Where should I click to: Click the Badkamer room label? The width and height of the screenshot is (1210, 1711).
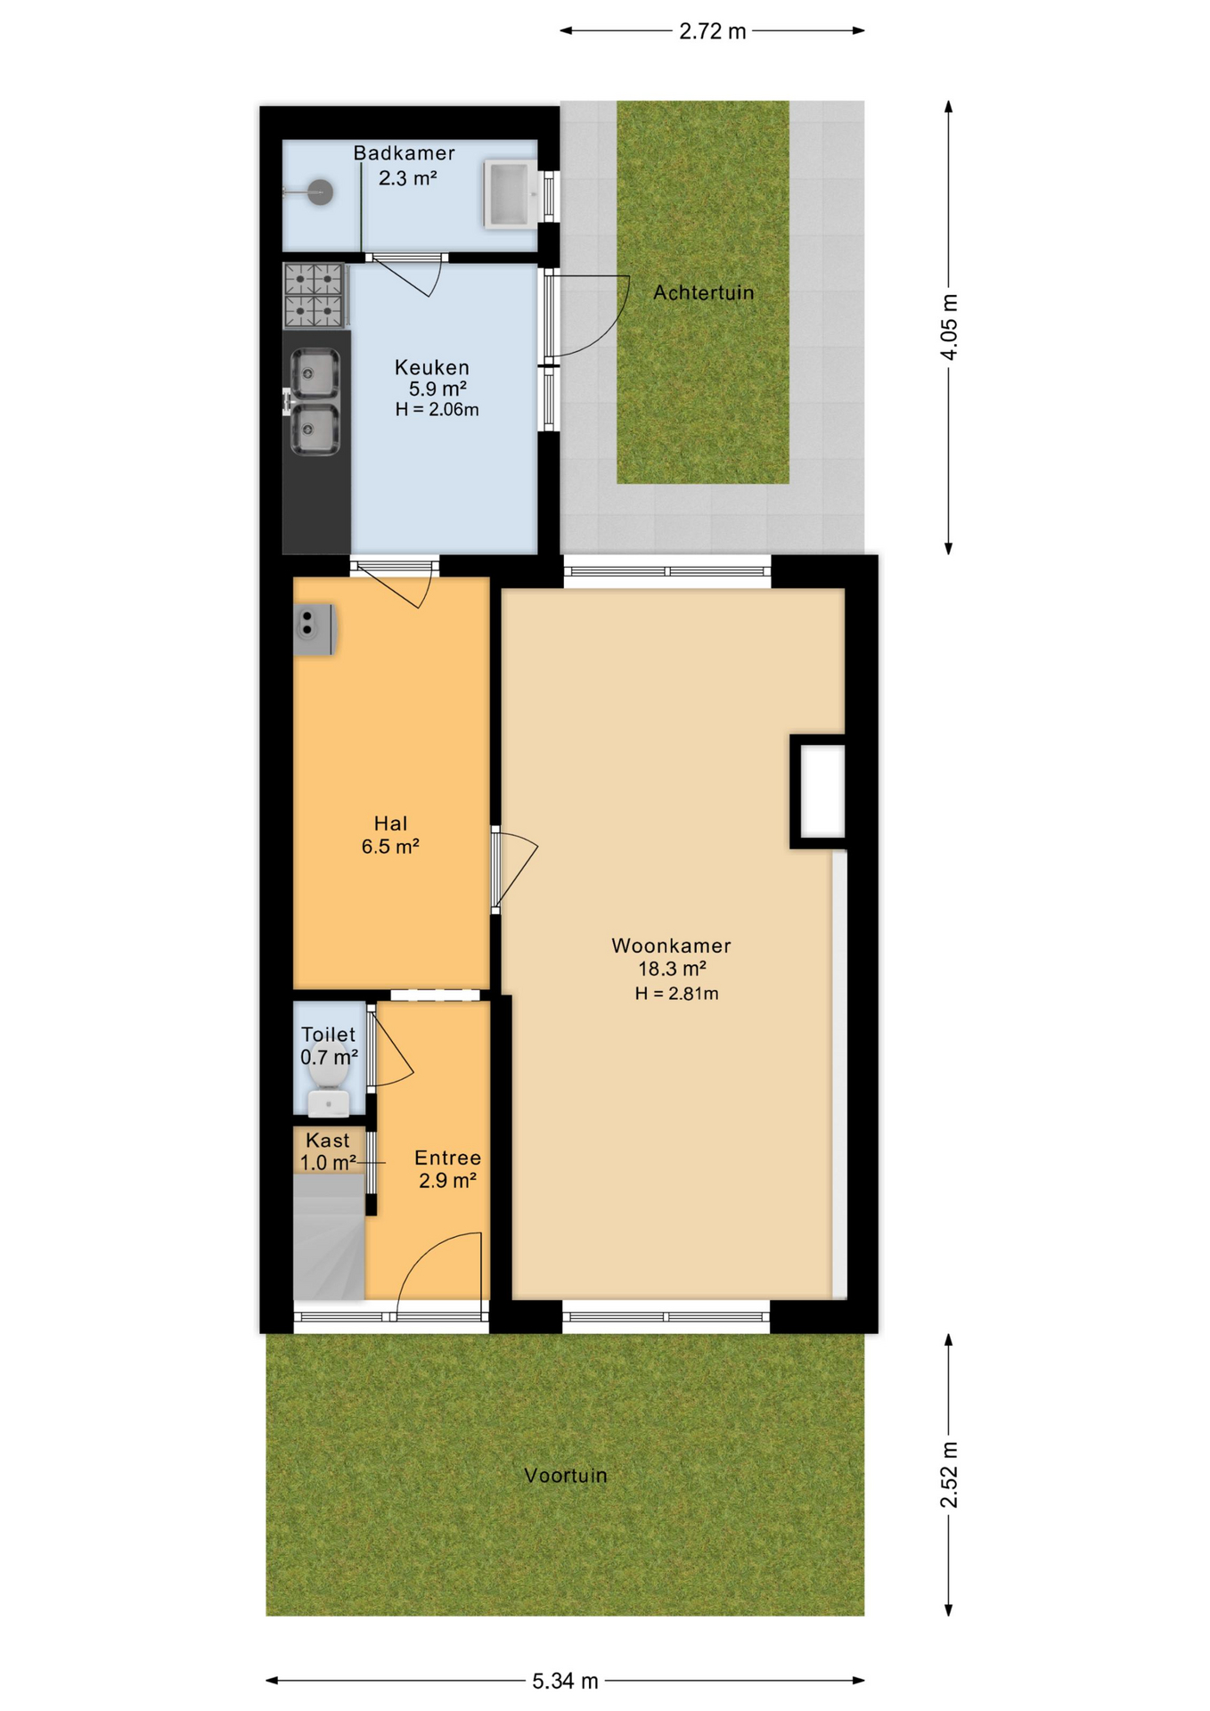tap(404, 153)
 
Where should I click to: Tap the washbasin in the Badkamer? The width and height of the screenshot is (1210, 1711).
tap(510, 193)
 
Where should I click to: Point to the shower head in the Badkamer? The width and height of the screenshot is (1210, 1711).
tap(319, 192)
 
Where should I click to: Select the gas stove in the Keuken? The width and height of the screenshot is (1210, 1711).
tap(314, 295)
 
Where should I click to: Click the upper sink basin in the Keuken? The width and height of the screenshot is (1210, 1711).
tap(315, 373)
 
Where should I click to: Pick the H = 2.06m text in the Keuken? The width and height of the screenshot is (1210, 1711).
tap(437, 410)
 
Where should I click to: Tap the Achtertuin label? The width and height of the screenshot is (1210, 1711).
tap(703, 292)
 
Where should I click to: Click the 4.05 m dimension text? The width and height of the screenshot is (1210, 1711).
tap(949, 327)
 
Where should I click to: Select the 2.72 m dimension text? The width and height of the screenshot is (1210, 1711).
tap(712, 31)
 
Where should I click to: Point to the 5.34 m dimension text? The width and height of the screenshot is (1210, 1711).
tap(565, 1681)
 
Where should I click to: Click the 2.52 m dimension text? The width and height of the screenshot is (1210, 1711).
tap(949, 1475)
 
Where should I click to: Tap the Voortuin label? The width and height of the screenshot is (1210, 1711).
tap(565, 1476)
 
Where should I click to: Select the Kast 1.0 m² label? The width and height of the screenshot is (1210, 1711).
tap(328, 1151)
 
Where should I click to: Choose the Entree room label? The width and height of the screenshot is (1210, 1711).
tap(447, 1158)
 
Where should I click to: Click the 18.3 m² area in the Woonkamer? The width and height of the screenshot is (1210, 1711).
tap(672, 969)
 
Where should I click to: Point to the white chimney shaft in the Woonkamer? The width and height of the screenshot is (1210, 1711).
tap(822, 790)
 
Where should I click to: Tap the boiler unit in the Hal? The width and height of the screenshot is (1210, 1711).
tap(314, 629)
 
